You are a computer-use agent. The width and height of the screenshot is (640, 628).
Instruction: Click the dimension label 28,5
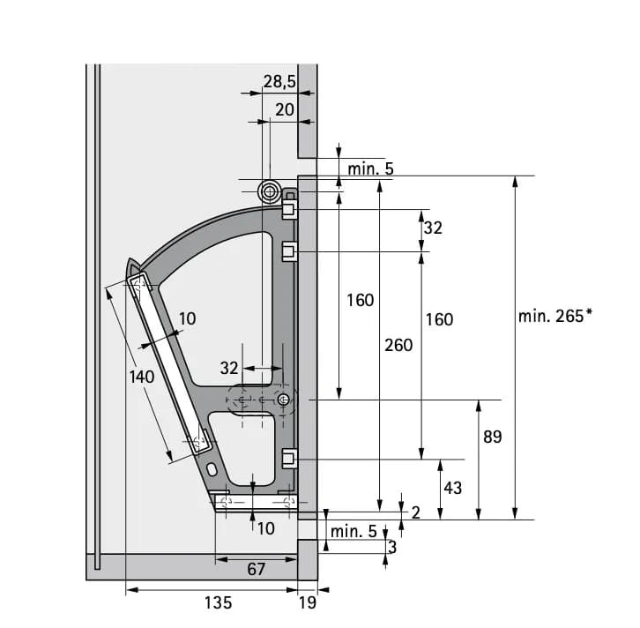point(279,81)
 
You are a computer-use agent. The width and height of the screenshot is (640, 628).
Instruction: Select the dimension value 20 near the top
point(285,110)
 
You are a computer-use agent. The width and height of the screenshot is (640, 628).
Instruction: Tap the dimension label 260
point(398,346)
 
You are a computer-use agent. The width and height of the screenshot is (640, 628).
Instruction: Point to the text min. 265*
point(555,316)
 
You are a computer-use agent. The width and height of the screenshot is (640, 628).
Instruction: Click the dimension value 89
point(492,437)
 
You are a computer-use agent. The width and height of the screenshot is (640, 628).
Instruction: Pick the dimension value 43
point(452,488)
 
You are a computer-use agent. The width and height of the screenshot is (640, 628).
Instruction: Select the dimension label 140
point(142,377)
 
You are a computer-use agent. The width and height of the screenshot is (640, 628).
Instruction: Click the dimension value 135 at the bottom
point(218,602)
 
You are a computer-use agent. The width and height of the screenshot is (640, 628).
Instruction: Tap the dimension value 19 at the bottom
point(308,602)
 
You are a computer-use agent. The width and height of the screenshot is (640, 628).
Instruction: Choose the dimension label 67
point(256,569)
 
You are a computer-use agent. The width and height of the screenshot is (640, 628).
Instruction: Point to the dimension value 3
point(392,547)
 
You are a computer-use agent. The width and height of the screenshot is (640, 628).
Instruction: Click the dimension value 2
point(415,512)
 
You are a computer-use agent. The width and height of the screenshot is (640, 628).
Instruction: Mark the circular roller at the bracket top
point(269,191)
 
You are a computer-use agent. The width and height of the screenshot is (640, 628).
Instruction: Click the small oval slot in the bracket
point(212,469)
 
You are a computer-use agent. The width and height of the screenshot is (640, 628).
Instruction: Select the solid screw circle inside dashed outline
point(283,400)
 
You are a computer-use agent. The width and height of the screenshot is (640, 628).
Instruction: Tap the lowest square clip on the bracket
point(289,459)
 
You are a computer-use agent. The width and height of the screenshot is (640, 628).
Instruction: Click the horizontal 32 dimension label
point(229,369)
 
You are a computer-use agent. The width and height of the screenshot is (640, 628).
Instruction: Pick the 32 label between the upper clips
point(433,228)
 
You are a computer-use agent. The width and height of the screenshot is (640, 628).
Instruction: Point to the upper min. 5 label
point(370,168)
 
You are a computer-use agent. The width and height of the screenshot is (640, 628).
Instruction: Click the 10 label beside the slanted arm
point(188,318)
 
